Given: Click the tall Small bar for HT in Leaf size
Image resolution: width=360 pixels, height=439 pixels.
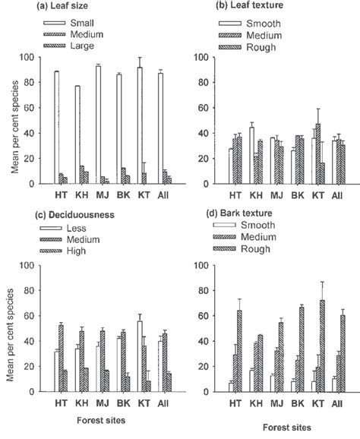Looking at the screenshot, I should (56, 127).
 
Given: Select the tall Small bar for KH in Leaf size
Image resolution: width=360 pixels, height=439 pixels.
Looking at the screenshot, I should (77, 134).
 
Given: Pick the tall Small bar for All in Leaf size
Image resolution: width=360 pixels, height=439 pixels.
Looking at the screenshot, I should (159, 128).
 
